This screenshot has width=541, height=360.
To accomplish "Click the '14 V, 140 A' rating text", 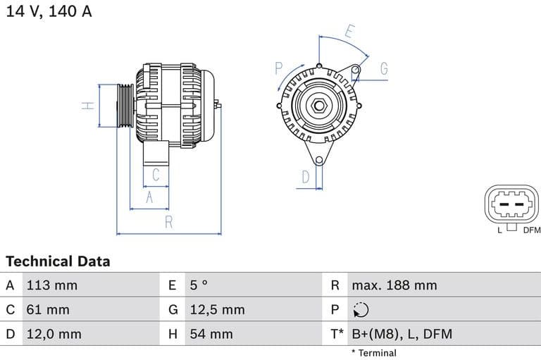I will (49, 11).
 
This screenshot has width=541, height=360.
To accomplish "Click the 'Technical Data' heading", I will (58, 261).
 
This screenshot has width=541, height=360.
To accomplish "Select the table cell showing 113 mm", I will (51, 285).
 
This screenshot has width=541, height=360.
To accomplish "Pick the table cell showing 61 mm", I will (48, 309).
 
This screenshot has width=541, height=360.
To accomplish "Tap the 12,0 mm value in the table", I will (54, 334).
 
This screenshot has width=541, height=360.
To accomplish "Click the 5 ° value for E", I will (199, 285).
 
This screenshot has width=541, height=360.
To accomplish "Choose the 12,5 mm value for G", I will (217, 309).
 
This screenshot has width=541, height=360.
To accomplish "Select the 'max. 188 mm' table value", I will (394, 285).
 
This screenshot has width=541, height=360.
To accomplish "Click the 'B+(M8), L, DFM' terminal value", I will (402, 334).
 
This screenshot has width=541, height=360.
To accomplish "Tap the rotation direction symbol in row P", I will (360, 310).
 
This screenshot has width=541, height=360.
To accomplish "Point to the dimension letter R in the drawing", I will (169, 222).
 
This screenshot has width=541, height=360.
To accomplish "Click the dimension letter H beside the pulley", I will (87, 106).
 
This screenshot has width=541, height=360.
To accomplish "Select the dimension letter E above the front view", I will (350, 31).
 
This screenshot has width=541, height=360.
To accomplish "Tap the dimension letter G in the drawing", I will (384, 68).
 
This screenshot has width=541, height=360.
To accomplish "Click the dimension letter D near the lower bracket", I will (306, 177).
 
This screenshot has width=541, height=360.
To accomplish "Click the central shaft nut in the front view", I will (318, 106).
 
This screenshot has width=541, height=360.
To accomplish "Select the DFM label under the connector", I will (531, 230).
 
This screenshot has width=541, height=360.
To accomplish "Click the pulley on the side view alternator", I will (125, 106).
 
